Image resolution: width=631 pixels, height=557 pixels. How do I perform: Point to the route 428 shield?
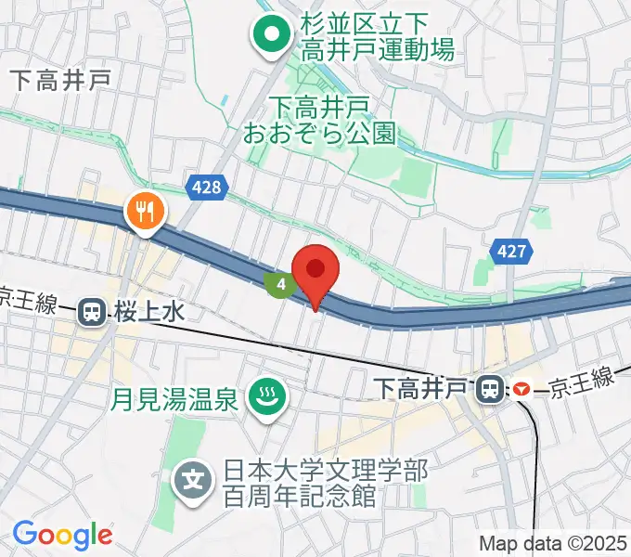tap(207, 188)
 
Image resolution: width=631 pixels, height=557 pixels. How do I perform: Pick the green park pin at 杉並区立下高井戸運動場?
tap(272, 36)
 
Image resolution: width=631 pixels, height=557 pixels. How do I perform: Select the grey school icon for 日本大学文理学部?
tap(193, 481)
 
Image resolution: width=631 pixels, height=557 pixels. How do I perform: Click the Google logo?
tap(62, 535)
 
